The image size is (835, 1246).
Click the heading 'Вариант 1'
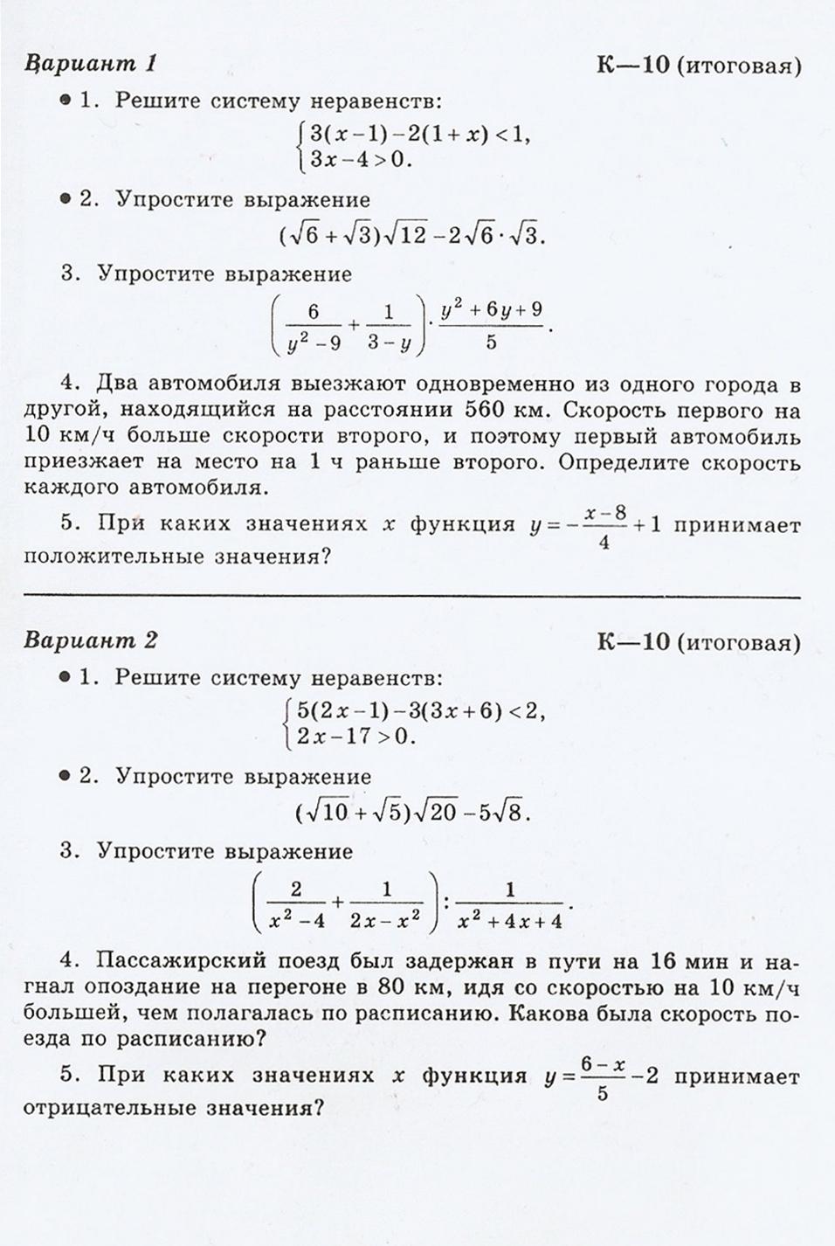coord(91,64)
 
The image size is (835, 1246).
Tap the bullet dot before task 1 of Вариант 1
coord(66,101)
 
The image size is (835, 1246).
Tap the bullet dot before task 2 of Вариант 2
coord(66,776)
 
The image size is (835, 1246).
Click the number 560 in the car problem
coord(490,409)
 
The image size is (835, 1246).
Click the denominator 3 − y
coord(389,343)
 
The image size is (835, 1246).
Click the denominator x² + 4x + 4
coord(510,920)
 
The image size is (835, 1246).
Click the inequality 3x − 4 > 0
coord(354,160)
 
